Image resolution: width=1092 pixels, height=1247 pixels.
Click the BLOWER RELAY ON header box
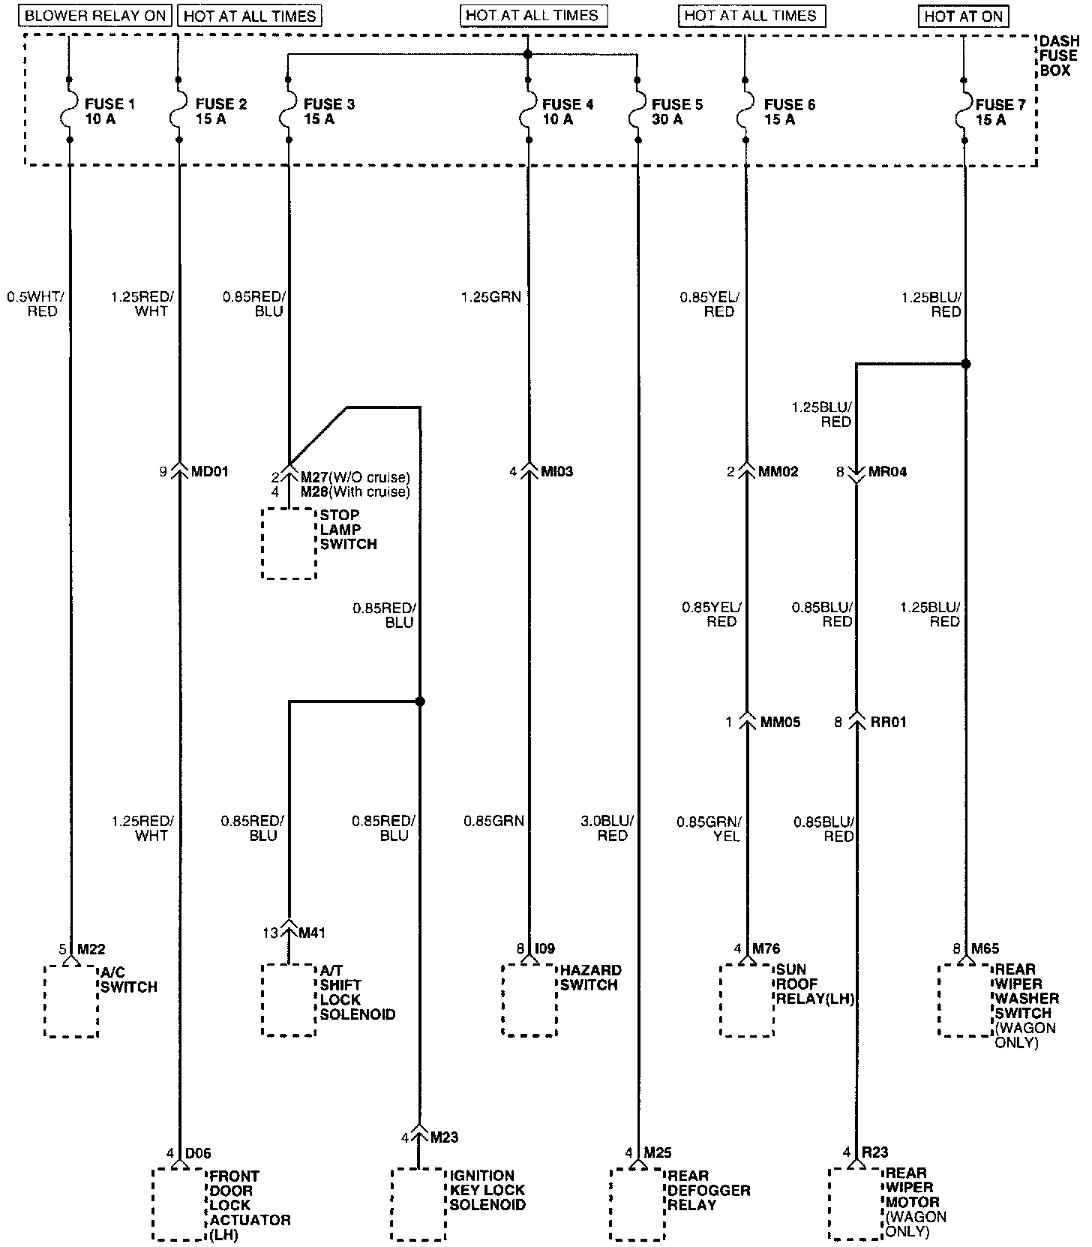(96, 16)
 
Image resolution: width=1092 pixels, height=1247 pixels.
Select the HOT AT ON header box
(963, 16)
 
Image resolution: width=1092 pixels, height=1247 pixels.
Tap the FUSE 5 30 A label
(676, 112)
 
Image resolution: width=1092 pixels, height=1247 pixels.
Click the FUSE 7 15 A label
(1000, 112)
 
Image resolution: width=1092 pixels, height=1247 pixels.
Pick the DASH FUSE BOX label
(1059, 56)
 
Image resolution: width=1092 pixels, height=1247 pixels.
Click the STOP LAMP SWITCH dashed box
(289, 543)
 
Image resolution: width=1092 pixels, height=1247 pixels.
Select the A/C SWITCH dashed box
(71, 1001)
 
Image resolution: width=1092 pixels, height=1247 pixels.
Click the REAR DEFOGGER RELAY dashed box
(637, 1203)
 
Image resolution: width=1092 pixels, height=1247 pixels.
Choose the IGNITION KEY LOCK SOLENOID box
(418, 1203)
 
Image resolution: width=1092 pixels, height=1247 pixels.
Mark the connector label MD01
(209, 472)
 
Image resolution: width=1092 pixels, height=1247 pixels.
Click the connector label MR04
(888, 473)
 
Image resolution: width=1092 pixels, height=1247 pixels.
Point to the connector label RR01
(888, 723)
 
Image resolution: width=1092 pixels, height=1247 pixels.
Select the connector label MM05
(780, 723)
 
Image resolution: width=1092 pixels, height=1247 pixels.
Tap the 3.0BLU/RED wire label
(608, 828)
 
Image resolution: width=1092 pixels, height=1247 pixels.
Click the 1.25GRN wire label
(490, 297)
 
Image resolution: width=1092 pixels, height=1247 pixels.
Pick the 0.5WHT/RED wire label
(36, 304)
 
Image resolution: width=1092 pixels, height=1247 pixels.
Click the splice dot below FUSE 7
(966, 364)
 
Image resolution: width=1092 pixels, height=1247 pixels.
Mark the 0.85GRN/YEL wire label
(709, 828)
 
